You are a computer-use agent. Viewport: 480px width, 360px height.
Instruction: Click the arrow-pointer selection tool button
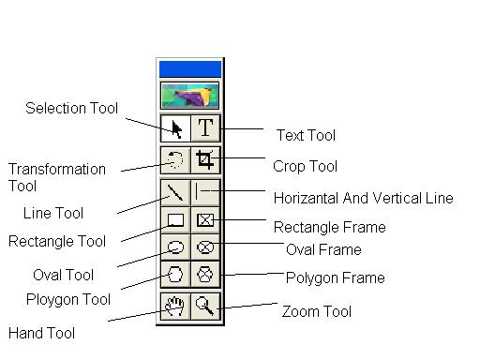[x=175, y=128]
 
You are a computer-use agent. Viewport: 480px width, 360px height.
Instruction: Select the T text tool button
[x=205, y=128]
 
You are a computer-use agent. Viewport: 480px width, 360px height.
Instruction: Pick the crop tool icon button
[x=205, y=159]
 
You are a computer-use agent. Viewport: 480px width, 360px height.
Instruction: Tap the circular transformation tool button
[x=175, y=159]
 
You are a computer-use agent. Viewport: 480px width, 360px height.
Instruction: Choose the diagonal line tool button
[x=175, y=192]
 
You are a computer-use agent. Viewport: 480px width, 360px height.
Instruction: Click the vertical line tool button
[x=205, y=192]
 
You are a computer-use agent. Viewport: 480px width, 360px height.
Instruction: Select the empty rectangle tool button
[x=175, y=220]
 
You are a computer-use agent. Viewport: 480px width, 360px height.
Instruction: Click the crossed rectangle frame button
[x=205, y=220]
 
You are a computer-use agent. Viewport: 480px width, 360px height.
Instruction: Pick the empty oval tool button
[x=175, y=247]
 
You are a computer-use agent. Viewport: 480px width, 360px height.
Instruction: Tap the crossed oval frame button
[x=205, y=247]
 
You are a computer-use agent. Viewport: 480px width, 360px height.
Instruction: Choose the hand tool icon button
[x=175, y=305]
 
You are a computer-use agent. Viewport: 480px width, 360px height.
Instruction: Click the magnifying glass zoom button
[x=205, y=305]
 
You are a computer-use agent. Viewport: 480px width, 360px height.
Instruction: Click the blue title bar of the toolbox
[x=190, y=68]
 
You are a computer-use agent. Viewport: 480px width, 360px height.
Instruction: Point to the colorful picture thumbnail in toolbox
[x=190, y=95]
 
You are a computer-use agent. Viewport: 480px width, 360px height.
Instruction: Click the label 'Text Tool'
[x=306, y=135]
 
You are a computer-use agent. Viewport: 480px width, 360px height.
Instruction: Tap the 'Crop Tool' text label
[x=305, y=166]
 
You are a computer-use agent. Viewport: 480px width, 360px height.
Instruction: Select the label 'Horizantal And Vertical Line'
[x=363, y=198]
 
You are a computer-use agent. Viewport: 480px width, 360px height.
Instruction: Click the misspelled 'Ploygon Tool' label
[x=68, y=299]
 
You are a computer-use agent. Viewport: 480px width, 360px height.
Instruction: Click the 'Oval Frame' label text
[x=323, y=249]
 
